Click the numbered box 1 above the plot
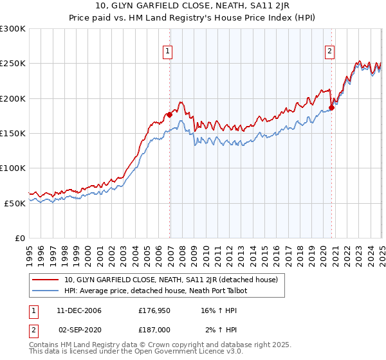pyautogui.click(x=167, y=52)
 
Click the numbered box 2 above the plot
pyautogui.click(x=329, y=52)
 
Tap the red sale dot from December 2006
pyautogui.click(x=169, y=114)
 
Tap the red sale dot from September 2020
pyautogui.click(x=331, y=107)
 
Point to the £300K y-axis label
pyautogui.click(x=12, y=29)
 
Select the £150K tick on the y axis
pyautogui.click(x=12, y=134)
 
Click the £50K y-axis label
pyautogui.click(x=15, y=203)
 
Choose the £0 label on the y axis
pyautogui.click(x=19, y=238)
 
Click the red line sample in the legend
pyautogui.click(x=45, y=280)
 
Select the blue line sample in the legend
pyautogui.click(x=45, y=291)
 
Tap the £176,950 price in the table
pyautogui.click(x=154, y=310)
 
